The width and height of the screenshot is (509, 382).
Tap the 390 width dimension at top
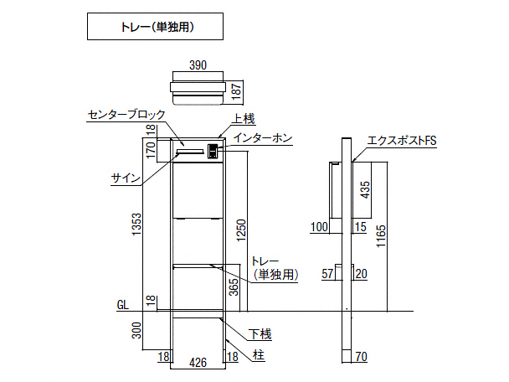198,65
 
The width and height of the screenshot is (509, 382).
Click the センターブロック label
126,115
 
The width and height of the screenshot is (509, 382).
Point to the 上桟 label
243,118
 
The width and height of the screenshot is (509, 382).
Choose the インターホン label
263,138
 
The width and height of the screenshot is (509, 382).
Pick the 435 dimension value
365,190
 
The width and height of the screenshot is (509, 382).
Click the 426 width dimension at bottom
198,362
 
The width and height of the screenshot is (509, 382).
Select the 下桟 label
262,334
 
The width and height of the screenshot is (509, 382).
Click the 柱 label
259,355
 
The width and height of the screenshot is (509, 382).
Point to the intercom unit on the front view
213,151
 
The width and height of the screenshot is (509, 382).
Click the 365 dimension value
234,287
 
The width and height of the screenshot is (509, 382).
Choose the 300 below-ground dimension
136,333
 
